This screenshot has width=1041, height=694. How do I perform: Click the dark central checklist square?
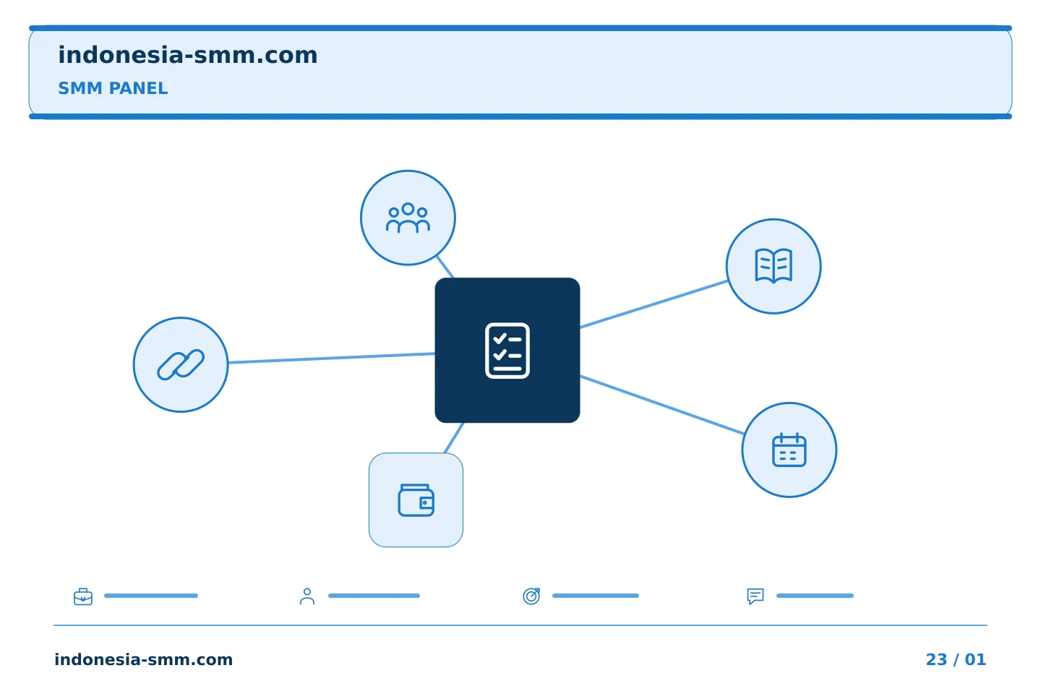[x=507, y=350]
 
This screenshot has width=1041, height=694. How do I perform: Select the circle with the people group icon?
[x=408, y=218]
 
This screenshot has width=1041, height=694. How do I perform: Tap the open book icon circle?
[x=774, y=266]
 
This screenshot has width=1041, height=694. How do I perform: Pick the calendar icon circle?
[x=789, y=450]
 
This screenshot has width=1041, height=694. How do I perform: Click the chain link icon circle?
[x=181, y=364]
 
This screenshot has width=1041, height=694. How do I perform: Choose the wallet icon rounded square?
[x=416, y=500]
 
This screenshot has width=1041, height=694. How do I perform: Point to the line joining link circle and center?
[x=331, y=358]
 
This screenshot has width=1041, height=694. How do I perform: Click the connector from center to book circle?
[x=654, y=304]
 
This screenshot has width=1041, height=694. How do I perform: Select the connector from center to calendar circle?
[x=662, y=405]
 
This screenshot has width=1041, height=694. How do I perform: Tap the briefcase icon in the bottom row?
[x=83, y=596]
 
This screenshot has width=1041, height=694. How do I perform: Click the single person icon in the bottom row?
[x=307, y=596]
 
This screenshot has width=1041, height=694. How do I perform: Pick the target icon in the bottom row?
[x=531, y=596]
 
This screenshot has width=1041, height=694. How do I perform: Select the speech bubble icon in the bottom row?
[x=755, y=596]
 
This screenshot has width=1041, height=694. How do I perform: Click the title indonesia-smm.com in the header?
[x=188, y=55]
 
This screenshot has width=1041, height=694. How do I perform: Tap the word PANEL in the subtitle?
[x=139, y=88]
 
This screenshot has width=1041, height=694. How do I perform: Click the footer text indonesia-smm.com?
[x=144, y=659]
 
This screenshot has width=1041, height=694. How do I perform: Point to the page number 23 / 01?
[x=956, y=659]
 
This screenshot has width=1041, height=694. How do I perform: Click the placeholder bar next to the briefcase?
[x=151, y=596]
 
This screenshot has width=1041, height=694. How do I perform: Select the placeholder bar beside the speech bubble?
[x=815, y=596]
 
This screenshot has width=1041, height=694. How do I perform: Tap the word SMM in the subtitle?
[x=80, y=88]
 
